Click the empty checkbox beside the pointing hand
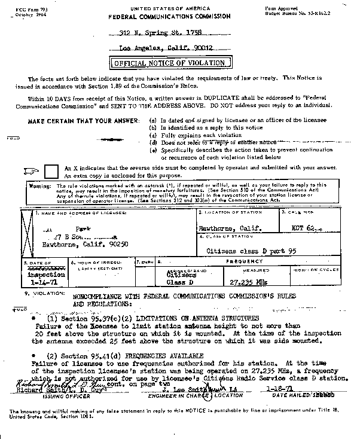tap(52, 172)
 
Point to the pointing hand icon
tap(31, 172)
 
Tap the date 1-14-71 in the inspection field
tap(38, 283)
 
